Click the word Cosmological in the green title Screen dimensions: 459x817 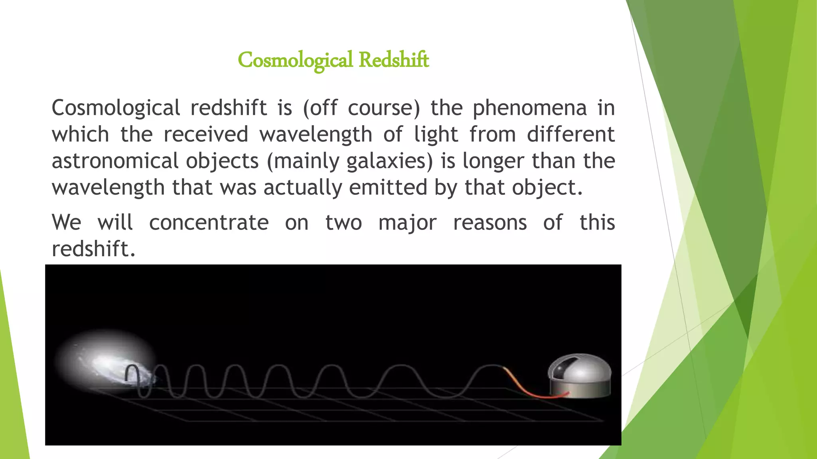tap(295, 60)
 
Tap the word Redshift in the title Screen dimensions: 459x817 tap(393, 60)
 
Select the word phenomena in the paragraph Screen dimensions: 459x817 tap(529, 108)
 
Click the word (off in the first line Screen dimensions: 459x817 tap(320, 108)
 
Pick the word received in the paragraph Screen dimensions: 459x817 tap(206, 134)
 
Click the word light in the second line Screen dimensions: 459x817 tap(436, 134)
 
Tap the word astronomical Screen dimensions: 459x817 tap(115, 161)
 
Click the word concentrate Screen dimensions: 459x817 tap(209, 222)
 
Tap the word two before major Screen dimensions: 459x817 tap(343, 222)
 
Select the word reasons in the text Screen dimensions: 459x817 tap(490, 222)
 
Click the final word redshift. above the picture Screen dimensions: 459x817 tap(94, 249)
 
